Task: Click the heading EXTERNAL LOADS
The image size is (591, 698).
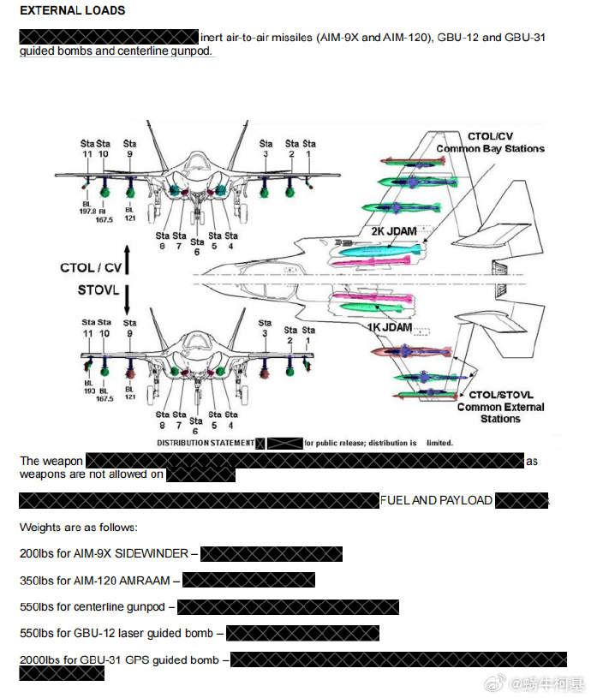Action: [x=72, y=10]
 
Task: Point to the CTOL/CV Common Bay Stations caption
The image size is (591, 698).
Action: [x=490, y=142]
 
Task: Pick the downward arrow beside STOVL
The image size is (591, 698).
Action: [x=126, y=300]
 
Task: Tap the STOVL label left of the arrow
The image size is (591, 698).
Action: [x=97, y=290]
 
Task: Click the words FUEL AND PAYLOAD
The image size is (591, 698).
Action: [x=436, y=500]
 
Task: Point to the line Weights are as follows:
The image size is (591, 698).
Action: [x=78, y=527]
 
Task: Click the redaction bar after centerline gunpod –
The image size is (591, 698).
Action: [x=288, y=607]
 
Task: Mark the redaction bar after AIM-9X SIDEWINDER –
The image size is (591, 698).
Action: [x=271, y=554]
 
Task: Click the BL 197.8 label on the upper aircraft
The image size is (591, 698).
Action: [x=87, y=212]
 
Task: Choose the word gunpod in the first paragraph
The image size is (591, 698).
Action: [x=188, y=51]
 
